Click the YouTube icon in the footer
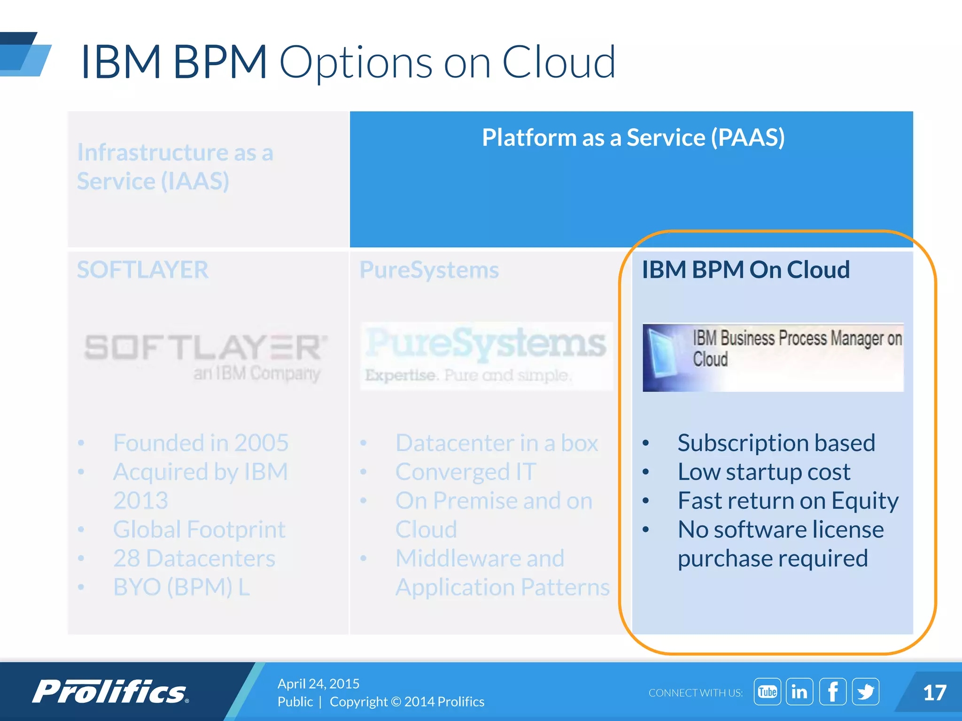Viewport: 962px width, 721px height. (767, 691)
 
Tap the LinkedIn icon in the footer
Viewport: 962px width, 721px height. (799, 691)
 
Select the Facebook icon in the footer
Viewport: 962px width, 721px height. (833, 691)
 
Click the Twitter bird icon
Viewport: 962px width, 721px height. (865, 691)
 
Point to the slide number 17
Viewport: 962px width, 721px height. (934, 693)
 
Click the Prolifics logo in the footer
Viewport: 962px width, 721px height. (110, 692)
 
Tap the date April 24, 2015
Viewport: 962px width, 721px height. (318, 683)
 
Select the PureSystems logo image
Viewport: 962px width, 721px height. (486, 356)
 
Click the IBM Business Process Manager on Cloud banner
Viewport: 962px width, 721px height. (773, 357)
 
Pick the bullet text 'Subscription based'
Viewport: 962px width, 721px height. (776, 443)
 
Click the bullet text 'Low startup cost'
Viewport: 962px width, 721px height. (764, 472)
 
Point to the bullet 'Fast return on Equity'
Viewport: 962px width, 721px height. (788, 501)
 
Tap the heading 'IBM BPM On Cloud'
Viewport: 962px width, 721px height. (746, 270)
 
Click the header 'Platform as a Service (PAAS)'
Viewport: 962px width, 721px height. (633, 138)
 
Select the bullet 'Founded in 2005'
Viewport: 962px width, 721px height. (201, 443)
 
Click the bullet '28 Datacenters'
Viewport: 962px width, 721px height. (194, 558)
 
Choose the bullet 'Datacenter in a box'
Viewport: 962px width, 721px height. (497, 443)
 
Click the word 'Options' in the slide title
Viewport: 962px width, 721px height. (356, 62)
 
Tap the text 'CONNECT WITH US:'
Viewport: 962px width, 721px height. (695, 693)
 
